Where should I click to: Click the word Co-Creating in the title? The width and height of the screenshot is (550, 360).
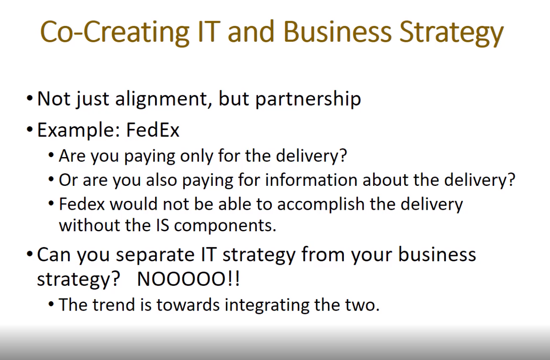pos(115,32)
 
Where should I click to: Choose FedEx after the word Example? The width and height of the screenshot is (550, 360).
pos(153,130)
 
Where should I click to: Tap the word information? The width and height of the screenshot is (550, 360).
pos(311,180)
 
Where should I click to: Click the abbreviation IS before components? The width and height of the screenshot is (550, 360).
pos(163,225)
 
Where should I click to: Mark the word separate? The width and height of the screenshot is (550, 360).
pos(156,255)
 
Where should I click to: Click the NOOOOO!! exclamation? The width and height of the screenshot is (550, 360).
pos(188,279)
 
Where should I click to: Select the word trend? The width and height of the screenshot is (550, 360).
pos(113,305)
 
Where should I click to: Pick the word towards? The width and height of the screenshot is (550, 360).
pos(188,305)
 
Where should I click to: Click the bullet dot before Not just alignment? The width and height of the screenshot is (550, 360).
pos(30,99)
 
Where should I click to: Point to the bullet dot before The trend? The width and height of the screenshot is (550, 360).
pos(51,305)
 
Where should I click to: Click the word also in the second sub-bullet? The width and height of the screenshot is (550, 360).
pos(161,180)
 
